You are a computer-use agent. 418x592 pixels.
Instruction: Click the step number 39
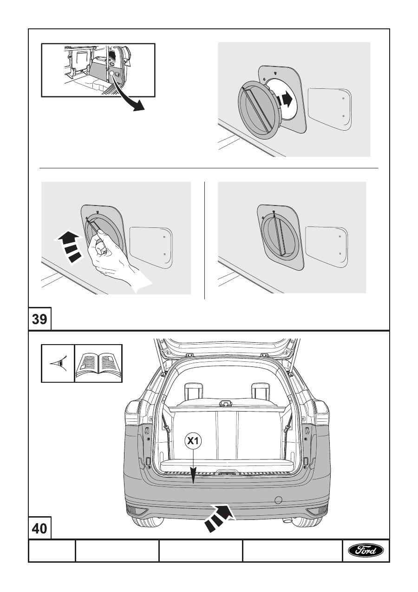(39, 319)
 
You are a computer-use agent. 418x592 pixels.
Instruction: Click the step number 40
(39, 528)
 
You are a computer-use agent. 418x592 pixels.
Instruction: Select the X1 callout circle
(194, 440)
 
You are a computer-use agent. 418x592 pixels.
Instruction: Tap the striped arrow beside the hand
(69, 246)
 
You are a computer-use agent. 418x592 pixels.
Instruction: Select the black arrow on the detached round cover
(285, 100)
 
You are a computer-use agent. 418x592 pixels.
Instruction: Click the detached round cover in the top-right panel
(260, 111)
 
